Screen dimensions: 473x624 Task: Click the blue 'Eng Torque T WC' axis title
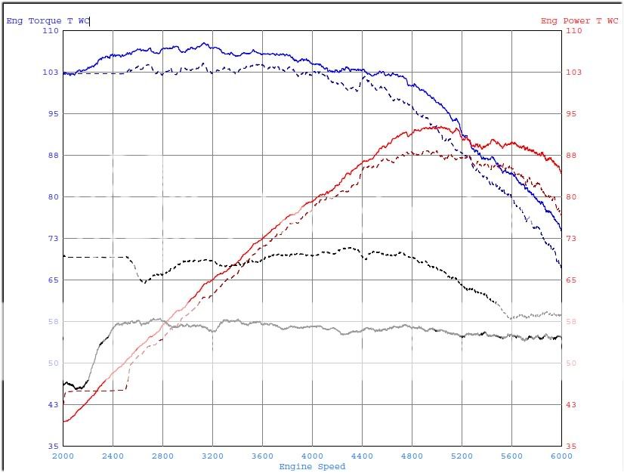pos(47,20)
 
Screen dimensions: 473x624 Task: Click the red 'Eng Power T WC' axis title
pos(579,20)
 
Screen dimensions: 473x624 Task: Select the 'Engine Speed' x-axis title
pos(312,466)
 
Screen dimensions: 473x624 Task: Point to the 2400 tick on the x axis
pos(113,456)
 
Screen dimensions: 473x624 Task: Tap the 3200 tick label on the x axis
pos(212,456)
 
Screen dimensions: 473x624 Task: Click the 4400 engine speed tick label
pos(362,456)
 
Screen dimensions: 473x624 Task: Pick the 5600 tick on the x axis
pos(511,456)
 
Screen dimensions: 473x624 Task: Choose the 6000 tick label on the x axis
pos(561,456)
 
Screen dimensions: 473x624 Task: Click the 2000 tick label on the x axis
pos(63,456)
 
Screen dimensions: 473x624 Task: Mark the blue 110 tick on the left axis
pos(51,31)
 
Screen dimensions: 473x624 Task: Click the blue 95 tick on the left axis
pos(53,114)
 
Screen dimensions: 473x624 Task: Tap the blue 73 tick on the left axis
pos(53,239)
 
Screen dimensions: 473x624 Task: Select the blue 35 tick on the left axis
pos(53,447)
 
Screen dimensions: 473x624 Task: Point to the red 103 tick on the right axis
pos(573,73)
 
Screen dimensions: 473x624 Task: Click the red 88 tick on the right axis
pos(572,156)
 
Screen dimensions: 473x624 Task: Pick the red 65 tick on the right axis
pos(572,280)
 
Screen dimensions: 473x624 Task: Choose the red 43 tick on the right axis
pos(572,405)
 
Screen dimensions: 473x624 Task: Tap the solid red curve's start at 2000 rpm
pos(64,421)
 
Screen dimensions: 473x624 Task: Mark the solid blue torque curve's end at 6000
pos(561,229)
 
